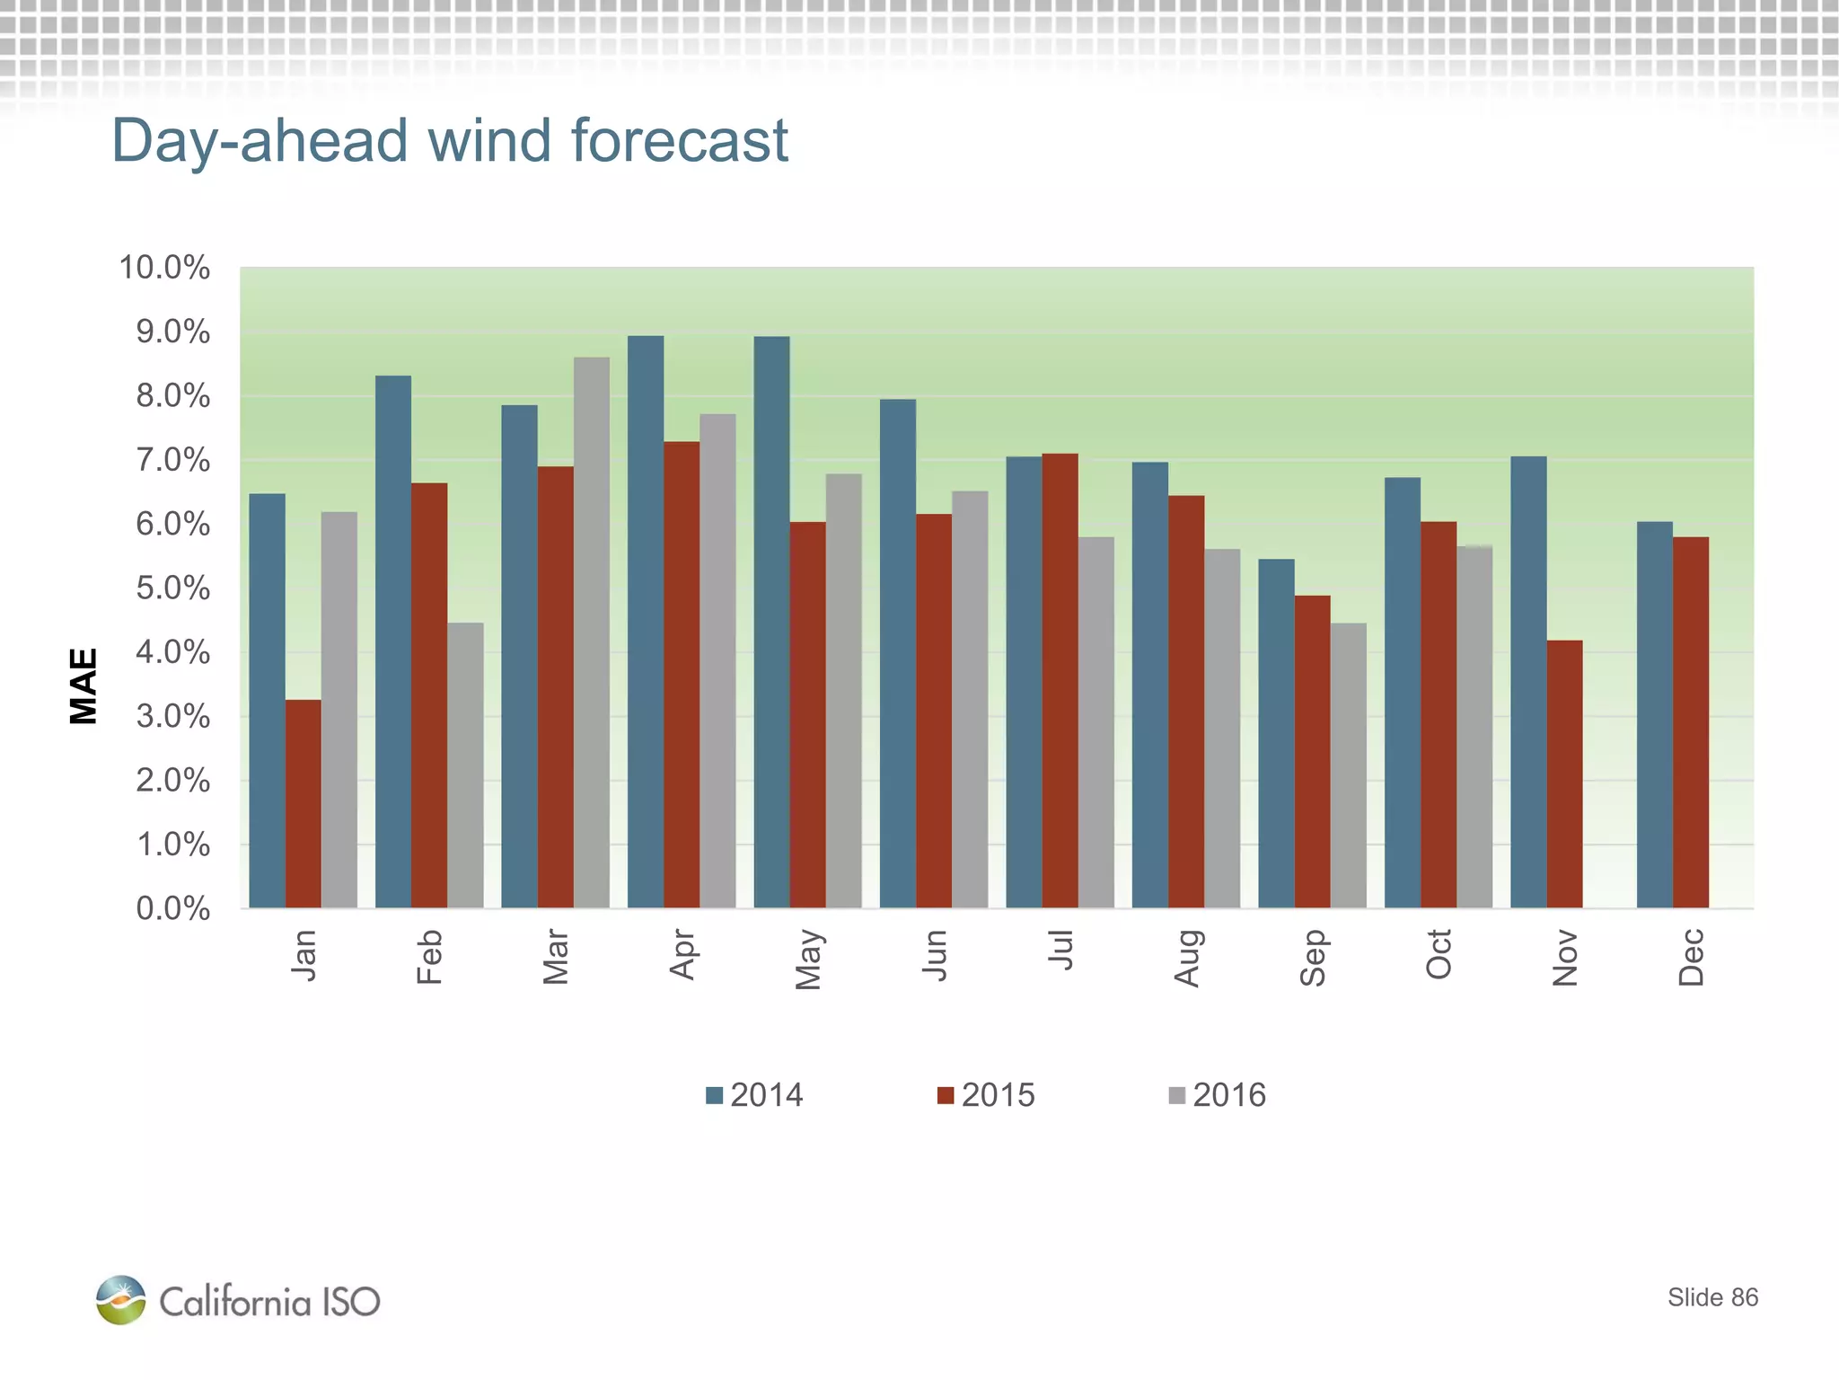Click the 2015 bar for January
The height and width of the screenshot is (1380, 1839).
(303, 803)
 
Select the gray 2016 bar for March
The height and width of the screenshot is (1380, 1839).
(591, 632)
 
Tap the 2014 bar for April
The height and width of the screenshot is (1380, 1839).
(646, 622)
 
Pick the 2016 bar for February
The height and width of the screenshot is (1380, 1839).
(465, 765)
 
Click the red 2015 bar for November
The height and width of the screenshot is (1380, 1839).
(1564, 774)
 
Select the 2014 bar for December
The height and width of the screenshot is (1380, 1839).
(1654, 714)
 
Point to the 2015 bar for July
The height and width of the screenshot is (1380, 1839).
(1060, 680)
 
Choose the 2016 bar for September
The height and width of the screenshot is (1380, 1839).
(1348, 765)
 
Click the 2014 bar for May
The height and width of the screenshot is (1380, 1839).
(771, 622)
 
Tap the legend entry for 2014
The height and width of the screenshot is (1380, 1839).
(754, 1095)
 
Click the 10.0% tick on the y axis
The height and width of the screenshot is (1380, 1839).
(164, 268)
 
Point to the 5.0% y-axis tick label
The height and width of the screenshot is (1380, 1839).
(172, 588)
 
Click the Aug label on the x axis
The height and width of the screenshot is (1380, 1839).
(1186, 958)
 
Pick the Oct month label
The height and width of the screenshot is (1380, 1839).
(1439, 954)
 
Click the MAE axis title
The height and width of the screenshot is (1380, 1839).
(84, 686)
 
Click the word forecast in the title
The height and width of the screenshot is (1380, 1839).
(679, 141)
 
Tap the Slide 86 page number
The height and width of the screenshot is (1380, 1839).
(1712, 1297)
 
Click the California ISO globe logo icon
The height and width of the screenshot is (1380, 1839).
(121, 1300)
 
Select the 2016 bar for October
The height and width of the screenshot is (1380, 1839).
(1474, 727)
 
